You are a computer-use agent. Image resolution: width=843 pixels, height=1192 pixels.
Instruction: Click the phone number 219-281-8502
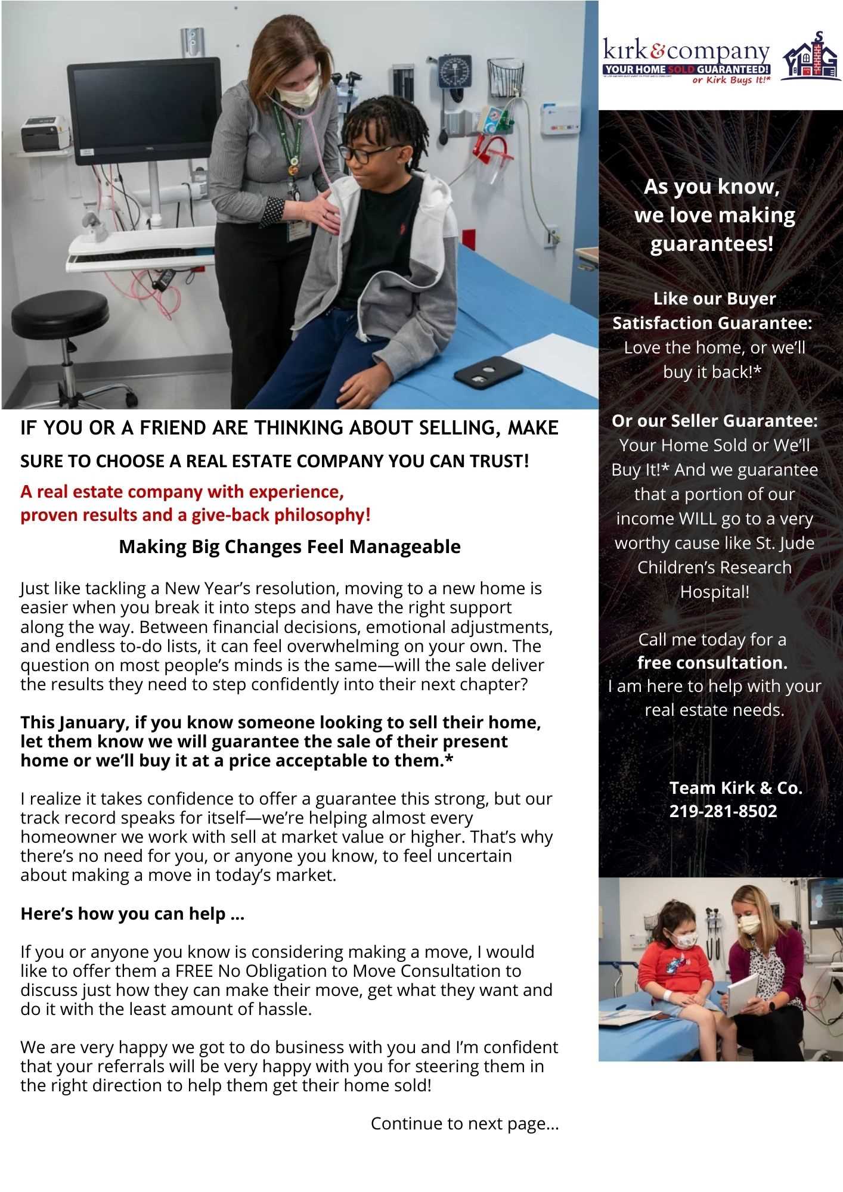723,811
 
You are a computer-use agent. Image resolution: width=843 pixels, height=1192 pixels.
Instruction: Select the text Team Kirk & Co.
736,788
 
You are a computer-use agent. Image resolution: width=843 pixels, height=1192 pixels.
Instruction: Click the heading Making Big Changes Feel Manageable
290,547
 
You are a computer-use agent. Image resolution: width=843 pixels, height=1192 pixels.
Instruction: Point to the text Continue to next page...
464,1123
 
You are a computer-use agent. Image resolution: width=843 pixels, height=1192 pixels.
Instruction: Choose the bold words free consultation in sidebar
712,663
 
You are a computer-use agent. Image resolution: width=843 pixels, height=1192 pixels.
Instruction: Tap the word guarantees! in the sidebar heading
712,244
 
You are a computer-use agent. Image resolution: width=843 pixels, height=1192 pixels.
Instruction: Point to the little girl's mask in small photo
687,940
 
